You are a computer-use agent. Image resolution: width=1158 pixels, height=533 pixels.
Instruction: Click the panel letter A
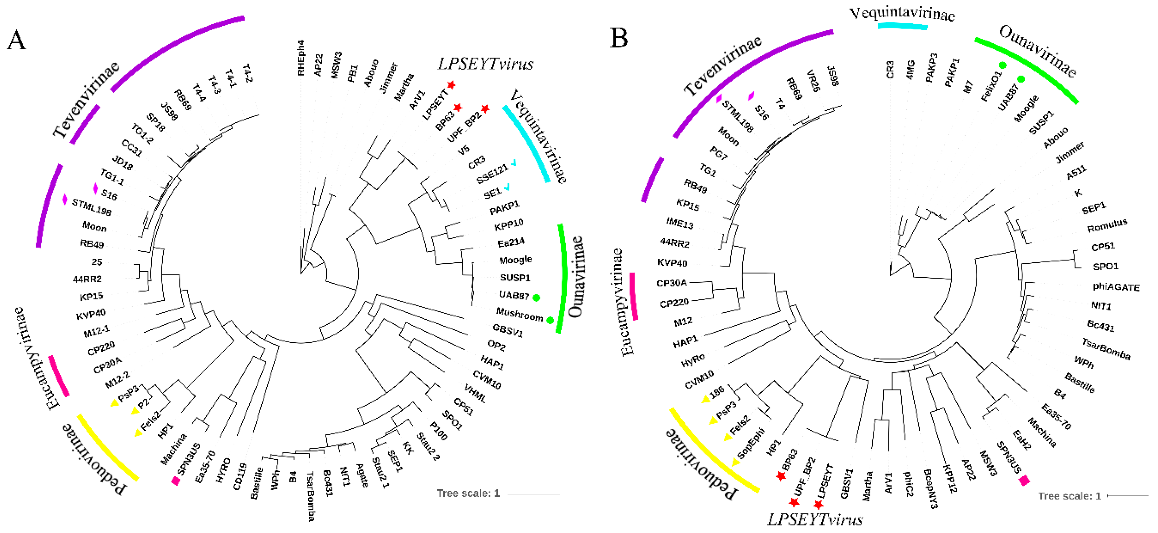tap(17, 40)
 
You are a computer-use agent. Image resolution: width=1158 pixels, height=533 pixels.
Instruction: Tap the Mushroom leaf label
tap(519, 314)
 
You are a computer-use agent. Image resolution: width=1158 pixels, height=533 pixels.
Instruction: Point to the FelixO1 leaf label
tap(991, 86)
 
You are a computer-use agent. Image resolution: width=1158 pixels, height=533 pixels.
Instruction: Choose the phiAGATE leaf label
tap(1116, 287)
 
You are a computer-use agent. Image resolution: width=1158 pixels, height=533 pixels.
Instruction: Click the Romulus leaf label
tap(1107, 225)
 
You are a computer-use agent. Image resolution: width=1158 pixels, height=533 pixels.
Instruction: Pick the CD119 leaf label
tap(240, 476)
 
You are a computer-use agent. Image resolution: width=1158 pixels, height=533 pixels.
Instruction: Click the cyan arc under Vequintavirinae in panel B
tap(902, 26)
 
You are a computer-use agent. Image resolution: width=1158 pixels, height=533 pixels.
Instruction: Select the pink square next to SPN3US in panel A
tap(176, 481)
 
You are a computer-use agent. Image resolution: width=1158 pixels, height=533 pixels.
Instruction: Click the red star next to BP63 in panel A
tap(458, 107)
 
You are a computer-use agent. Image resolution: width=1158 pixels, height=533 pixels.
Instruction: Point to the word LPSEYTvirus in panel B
tap(814, 519)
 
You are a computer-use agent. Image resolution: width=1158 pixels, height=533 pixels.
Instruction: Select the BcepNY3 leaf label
tap(931, 489)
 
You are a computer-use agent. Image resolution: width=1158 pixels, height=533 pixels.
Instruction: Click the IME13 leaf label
tap(680, 223)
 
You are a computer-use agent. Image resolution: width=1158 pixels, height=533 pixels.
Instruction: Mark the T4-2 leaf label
tap(247, 73)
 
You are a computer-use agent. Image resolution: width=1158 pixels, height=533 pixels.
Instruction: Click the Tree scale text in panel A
tap(468, 493)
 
